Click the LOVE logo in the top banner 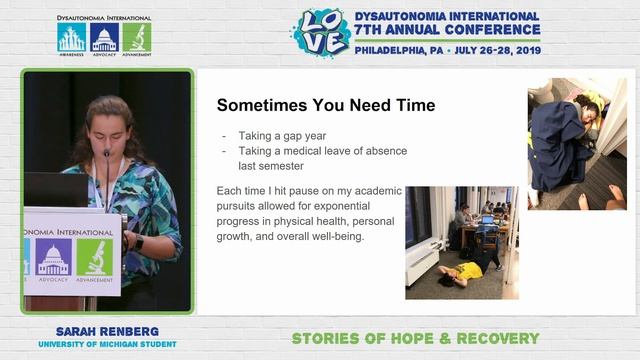(x=320, y=32)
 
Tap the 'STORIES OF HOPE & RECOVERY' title (x=415, y=338)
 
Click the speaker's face (x=107, y=124)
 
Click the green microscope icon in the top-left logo (x=136, y=37)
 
